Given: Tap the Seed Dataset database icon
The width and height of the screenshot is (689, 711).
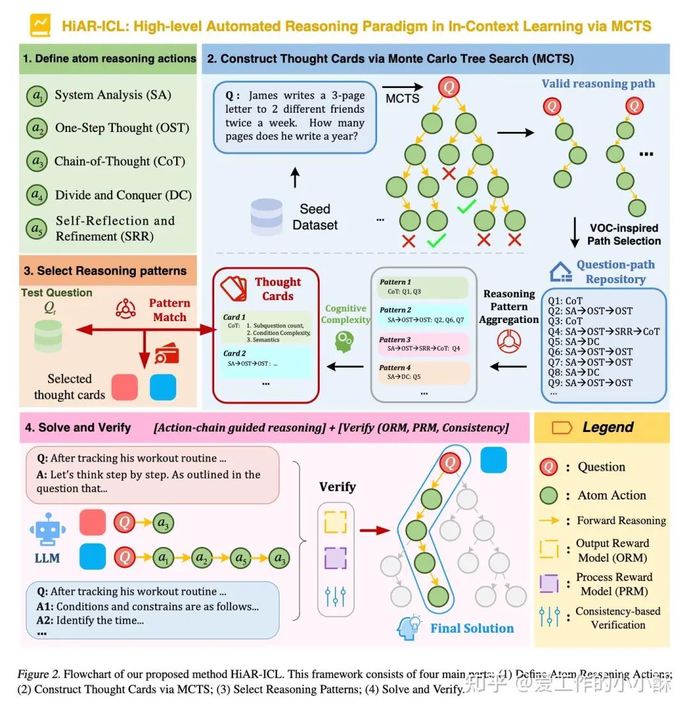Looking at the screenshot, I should click(x=267, y=215).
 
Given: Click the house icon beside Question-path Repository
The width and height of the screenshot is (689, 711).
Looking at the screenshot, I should click(x=559, y=272).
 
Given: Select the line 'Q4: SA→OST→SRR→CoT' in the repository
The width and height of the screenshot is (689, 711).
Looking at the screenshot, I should click(x=604, y=331).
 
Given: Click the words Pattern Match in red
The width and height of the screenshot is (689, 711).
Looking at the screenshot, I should click(x=170, y=310).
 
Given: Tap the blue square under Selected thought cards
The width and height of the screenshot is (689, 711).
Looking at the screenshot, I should click(x=163, y=387).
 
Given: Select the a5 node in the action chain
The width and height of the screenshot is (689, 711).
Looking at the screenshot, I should click(x=240, y=558).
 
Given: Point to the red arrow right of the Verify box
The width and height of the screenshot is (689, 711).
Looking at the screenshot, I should click(x=374, y=529).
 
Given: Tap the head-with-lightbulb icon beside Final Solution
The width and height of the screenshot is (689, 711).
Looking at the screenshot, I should click(x=408, y=628).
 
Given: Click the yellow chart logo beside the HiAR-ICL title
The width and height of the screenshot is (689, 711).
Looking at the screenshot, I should click(x=40, y=26).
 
